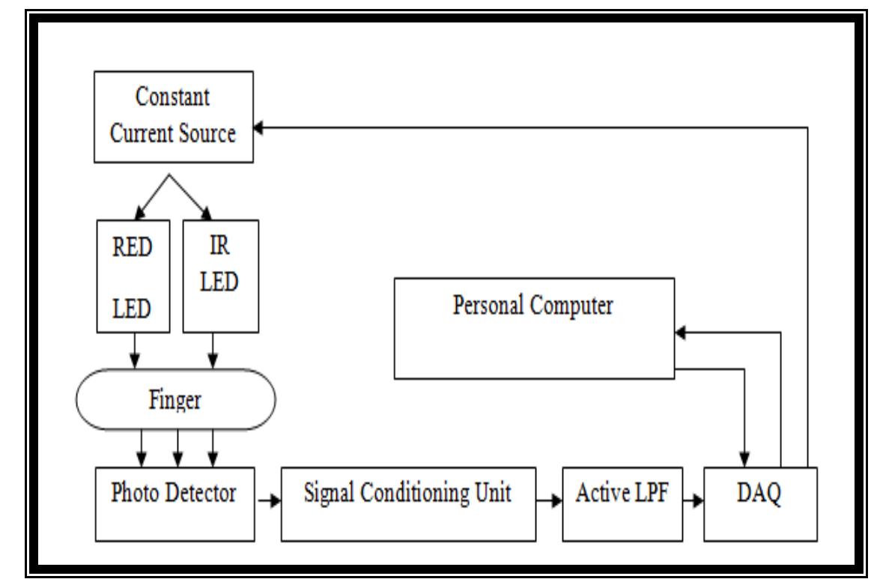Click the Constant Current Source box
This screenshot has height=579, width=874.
173,117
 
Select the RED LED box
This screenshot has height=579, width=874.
134,276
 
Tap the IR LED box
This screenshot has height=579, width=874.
220,276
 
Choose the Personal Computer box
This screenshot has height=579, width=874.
533,327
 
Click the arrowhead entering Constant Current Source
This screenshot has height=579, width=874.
258,128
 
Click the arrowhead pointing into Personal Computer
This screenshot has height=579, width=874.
680,333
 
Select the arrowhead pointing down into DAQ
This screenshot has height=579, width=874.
745,459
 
